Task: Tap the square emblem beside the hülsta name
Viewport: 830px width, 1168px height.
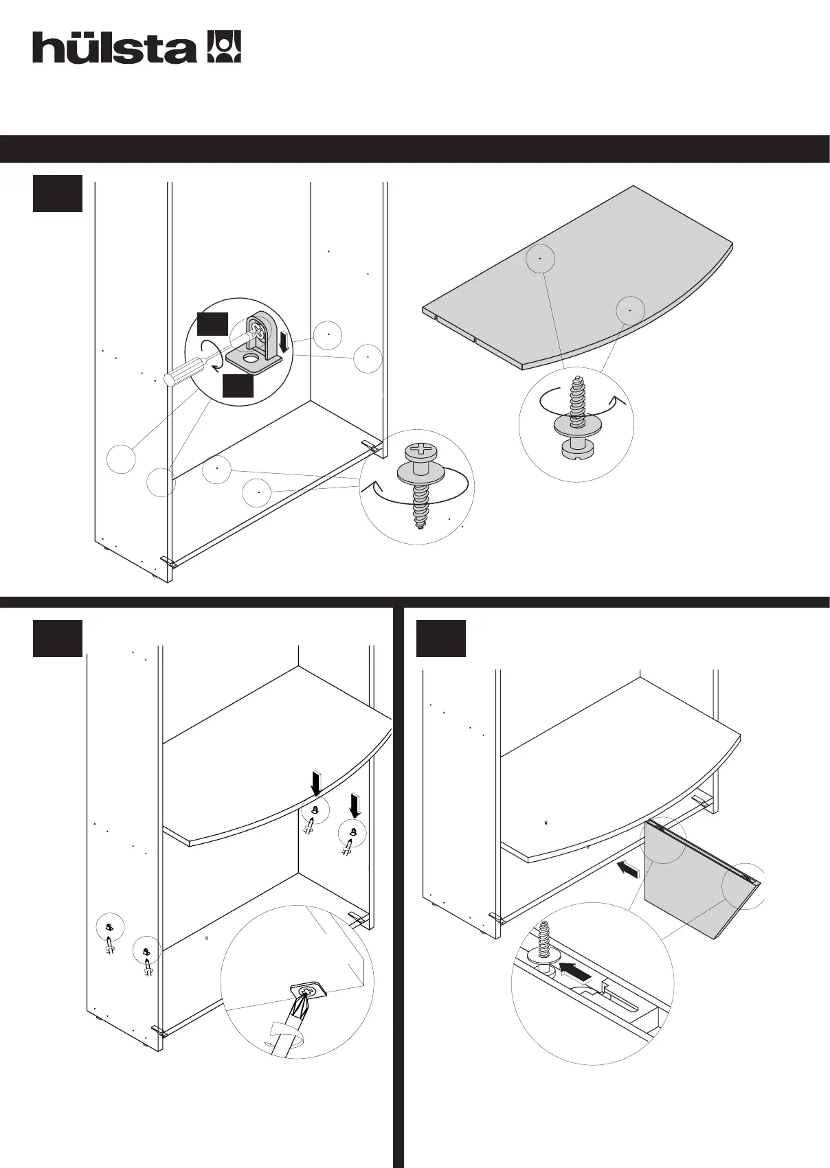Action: click(224, 47)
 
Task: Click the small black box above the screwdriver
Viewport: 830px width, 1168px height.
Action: click(212, 324)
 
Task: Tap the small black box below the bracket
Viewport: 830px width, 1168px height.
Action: click(238, 386)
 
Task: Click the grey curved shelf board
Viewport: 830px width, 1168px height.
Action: click(577, 282)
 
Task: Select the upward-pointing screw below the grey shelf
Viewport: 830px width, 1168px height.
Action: click(576, 419)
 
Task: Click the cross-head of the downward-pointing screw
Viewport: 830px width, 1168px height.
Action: click(418, 452)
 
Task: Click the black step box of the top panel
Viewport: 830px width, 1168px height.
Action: click(58, 193)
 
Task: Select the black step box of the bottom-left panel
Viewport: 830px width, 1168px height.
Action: click(58, 638)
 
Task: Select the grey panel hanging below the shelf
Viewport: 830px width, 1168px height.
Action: click(694, 879)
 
